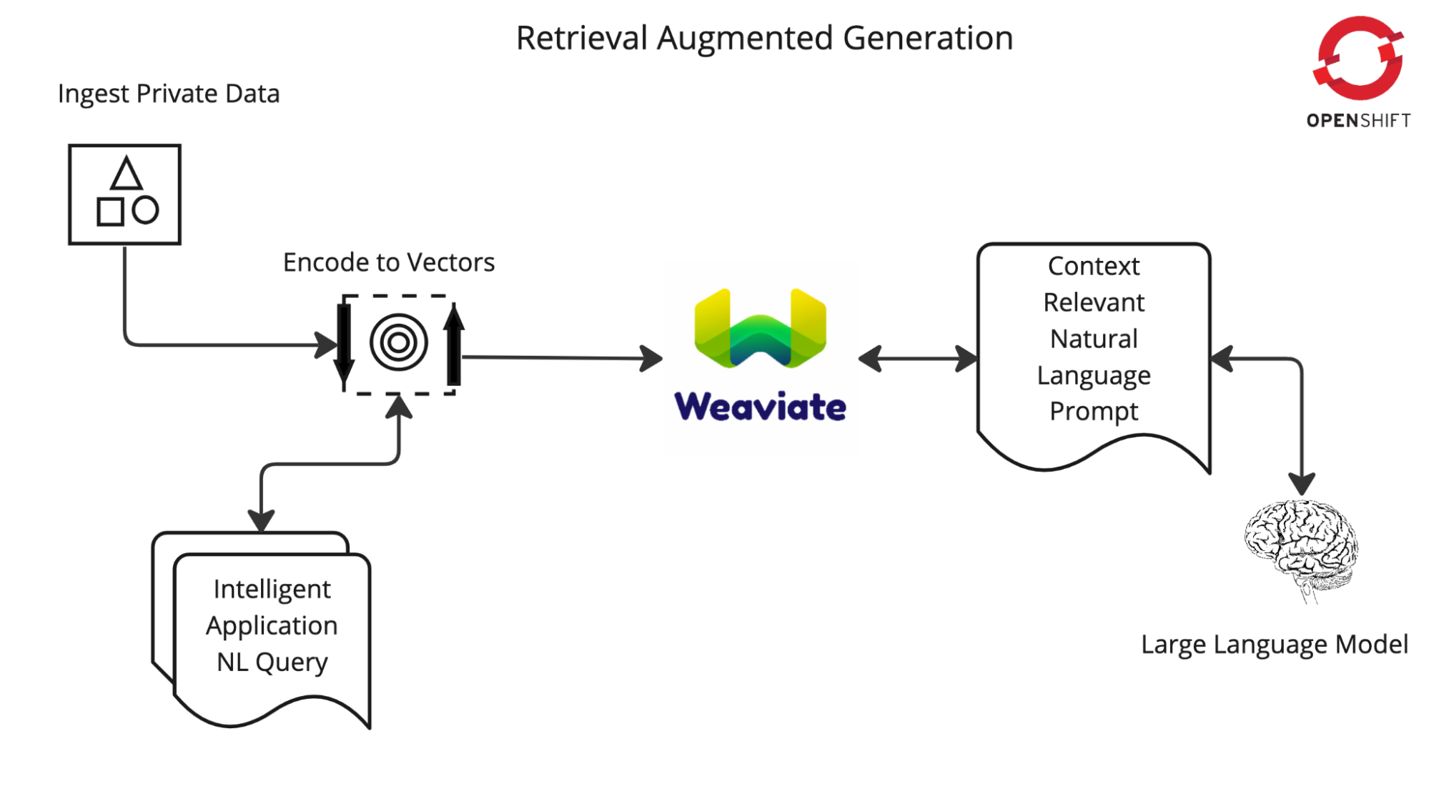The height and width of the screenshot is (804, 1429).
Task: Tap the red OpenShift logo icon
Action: pos(1358,59)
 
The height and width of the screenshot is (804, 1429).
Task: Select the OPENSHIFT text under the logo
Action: pos(1358,121)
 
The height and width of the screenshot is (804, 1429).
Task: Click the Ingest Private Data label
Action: pos(169,94)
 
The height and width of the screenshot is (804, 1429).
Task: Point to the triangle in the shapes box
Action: pos(127,174)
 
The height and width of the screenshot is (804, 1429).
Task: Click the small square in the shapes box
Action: pos(110,212)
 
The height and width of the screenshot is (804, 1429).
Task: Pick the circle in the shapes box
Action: pos(145,210)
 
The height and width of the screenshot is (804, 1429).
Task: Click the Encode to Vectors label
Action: pos(388,262)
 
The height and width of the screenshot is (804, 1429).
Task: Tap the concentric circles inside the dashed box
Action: pos(399,342)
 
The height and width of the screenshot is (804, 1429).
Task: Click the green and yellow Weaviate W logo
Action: pos(760,329)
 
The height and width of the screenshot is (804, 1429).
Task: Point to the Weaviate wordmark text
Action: pos(760,407)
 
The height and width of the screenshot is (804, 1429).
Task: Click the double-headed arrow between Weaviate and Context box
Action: pos(918,359)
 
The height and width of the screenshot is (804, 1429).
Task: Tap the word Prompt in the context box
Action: pos(1094,412)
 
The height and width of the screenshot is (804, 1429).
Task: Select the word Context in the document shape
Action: pos(1094,266)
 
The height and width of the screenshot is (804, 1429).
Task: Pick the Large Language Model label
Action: pos(1274,645)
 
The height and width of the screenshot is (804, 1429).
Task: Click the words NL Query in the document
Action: pos(272,662)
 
